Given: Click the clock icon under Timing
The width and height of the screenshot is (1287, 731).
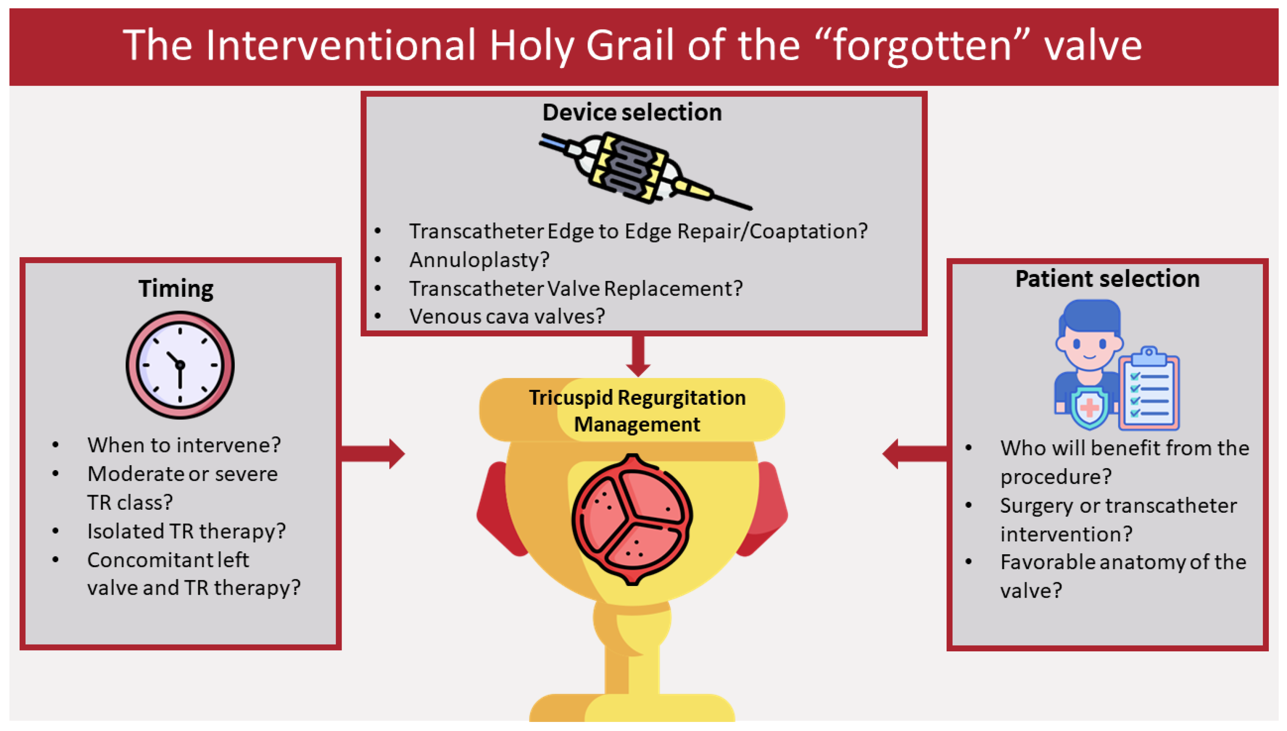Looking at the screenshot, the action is [180, 365].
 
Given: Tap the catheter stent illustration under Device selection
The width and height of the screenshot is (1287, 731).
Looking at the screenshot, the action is [645, 169].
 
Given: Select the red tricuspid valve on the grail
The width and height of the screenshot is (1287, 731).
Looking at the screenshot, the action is [632, 520].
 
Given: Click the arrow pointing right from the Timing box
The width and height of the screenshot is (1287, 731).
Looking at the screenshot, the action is [373, 454].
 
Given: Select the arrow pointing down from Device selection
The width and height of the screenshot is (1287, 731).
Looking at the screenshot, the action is [638, 355].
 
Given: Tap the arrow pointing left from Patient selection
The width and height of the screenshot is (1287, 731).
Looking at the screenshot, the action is [915, 454].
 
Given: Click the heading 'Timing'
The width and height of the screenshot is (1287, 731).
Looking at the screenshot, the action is [176, 289].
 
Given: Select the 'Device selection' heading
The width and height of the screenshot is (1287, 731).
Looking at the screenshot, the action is [632, 112].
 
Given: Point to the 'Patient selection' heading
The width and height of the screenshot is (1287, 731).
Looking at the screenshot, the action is [1107, 279].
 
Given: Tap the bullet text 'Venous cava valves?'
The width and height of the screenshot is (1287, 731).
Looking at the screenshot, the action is [507, 316].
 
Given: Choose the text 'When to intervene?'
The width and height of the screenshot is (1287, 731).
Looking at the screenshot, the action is [184, 445].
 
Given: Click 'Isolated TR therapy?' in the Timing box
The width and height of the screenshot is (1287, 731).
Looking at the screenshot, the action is [186, 531].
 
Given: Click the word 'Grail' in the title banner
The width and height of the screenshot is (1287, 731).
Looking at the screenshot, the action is [630, 45].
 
